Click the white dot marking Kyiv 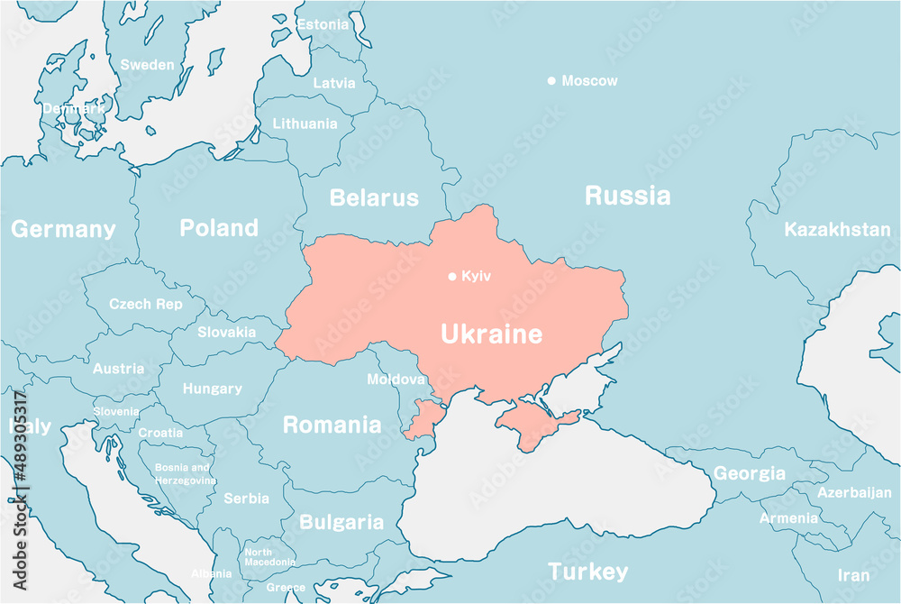452,276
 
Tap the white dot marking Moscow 551,81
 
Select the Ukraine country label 491,334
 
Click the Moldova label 396,380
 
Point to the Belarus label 374,197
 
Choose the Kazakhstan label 837,229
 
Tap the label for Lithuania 305,124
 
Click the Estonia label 323,24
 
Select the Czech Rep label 145,304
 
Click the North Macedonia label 269,557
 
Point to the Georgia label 750,472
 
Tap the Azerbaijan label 854,492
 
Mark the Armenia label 788,517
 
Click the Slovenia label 116,411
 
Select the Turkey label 588,572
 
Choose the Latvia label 333,83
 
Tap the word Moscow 589,81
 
